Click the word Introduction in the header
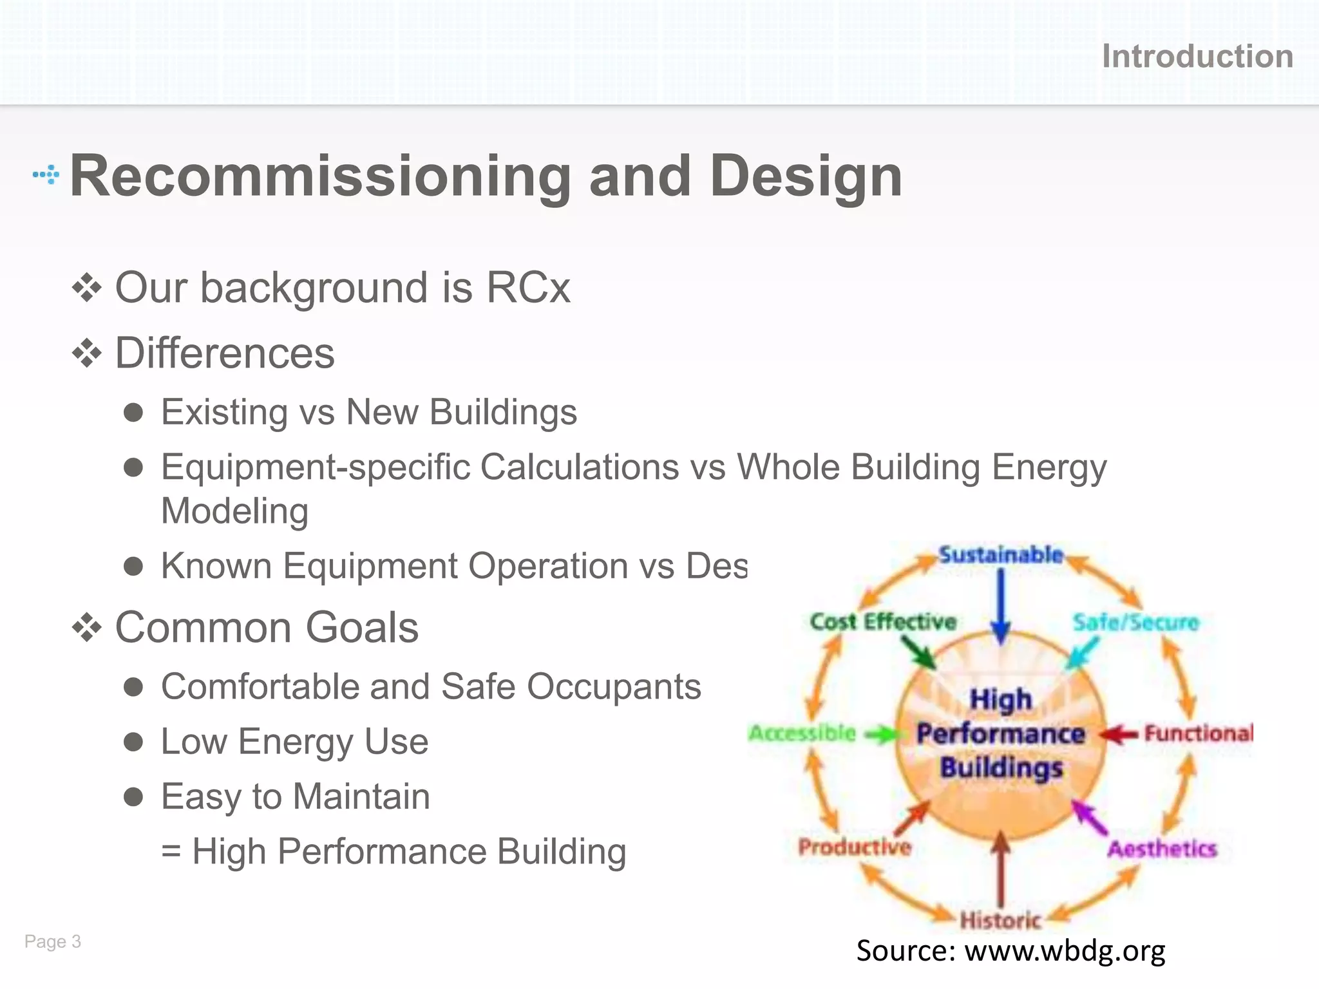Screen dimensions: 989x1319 click(x=1197, y=57)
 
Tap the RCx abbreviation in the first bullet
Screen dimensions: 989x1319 click(x=528, y=287)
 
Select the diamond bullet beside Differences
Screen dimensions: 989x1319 click(x=87, y=353)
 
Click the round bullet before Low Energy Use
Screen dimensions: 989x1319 click(x=133, y=742)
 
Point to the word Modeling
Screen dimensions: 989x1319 click(x=234, y=511)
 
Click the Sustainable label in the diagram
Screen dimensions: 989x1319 click(x=1000, y=554)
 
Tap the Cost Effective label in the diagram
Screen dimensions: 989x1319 click(x=883, y=621)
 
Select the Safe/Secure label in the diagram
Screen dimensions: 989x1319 click(x=1135, y=622)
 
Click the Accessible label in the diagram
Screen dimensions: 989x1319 click(x=802, y=733)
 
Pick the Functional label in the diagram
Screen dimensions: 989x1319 click(x=1199, y=733)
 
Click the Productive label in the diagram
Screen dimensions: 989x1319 click(x=855, y=847)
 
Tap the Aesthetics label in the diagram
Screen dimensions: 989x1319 click(x=1162, y=849)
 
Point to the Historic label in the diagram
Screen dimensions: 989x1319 click(x=1000, y=920)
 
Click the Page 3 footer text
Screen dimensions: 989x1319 click(x=53, y=941)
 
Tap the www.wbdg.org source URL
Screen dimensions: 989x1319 click(x=1065, y=951)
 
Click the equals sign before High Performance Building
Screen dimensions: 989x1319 click(x=171, y=852)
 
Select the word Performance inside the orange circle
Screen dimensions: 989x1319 click(x=1000, y=733)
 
